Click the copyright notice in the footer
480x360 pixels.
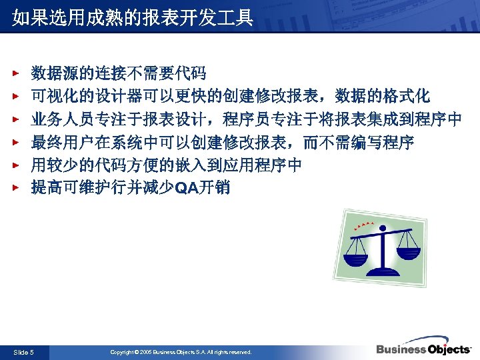point(181,351)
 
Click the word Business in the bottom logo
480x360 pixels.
point(401,350)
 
